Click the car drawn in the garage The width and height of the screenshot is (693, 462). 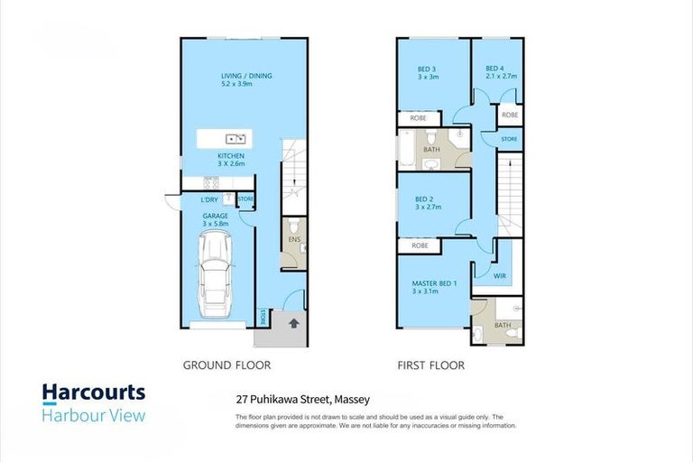tap(215, 275)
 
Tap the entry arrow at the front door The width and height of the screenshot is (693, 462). tap(294, 323)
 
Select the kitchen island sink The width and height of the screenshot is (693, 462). tap(236, 139)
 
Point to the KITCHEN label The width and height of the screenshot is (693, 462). tap(231, 155)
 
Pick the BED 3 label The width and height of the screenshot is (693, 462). tap(427, 69)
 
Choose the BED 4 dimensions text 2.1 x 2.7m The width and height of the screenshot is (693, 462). tap(501, 76)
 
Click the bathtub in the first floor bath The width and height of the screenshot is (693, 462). tap(407, 148)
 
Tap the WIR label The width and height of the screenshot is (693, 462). tap(500, 276)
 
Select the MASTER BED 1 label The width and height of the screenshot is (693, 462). tap(434, 283)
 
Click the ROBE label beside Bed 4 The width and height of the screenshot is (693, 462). tap(510, 115)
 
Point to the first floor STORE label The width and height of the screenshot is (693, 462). tap(509, 139)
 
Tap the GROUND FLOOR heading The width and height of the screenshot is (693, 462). tap(226, 365)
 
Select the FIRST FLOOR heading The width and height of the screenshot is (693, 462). tap(431, 365)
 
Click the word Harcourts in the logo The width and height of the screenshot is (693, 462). tap(94, 393)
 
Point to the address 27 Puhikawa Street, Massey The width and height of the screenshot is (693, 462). tap(303, 400)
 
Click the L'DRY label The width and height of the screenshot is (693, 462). tap(209, 199)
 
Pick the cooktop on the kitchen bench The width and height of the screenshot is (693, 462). tap(211, 182)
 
